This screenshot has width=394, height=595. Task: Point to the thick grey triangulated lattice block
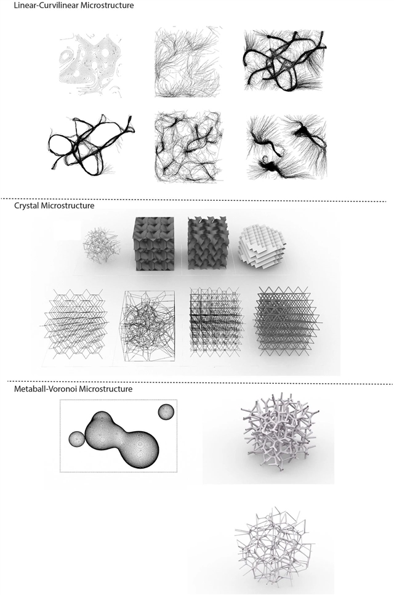289,321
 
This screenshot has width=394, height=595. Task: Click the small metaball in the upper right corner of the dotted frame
166,411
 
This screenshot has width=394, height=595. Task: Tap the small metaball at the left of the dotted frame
76,439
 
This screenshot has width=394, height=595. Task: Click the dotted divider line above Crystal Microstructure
193,199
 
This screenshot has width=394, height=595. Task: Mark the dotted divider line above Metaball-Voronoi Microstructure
196,382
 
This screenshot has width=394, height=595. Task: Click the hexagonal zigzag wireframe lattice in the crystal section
75,323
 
